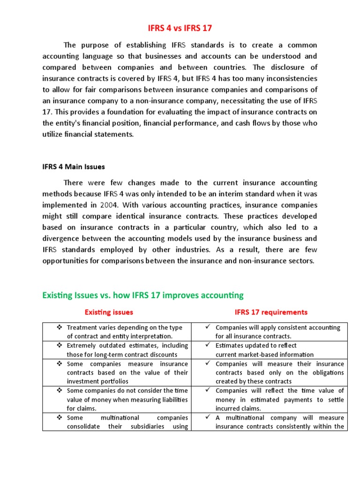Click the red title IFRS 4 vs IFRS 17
pyautogui.click(x=180, y=28)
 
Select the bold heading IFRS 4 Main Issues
pyautogui.click(x=74, y=166)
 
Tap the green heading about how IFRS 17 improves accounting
pyautogui.click(x=143, y=295)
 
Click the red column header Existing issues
pyautogui.click(x=108, y=312)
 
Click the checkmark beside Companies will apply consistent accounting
pyautogui.click(x=208, y=327)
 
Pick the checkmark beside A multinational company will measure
pyautogui.click(x=208, y=417)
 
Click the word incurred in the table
pyautogui.click(x=228, y=408)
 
